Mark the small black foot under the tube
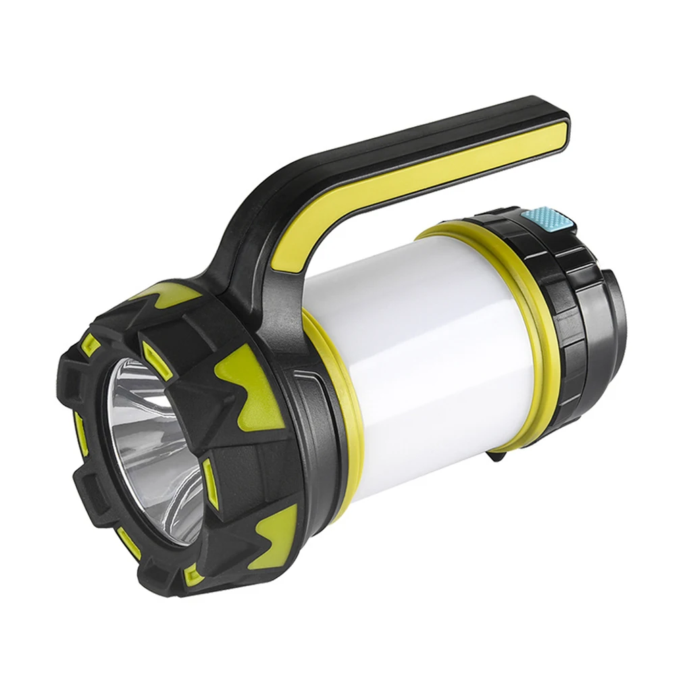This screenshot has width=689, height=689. coord(496,457)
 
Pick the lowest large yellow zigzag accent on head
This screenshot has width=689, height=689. coord(274,540)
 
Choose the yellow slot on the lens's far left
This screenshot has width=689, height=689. coord(79,432)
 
